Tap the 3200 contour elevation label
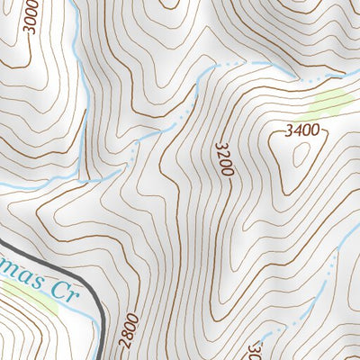pos(225,157)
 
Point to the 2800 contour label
pos(128,331)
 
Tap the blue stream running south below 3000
pos(81,108)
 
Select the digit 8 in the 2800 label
pos(128,335)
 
